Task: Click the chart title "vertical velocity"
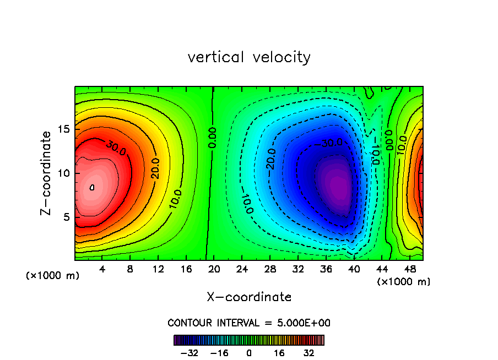pyautogui.click(x=249, y=57)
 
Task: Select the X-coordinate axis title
pyautogui.click(x=249, y=297)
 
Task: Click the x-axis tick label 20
pyautogui.click(x=213, y=270)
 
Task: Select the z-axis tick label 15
pyautogui.click(x=64, y=129)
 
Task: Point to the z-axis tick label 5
pyautogui.click(x=67, y=217)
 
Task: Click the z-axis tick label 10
pyautogui.click(x=64, y=173)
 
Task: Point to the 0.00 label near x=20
pyautogui.click(x=213, y=138)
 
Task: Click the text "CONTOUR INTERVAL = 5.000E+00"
pyautogui.click(x=249, y=323)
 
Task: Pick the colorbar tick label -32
pyautogui.click(x=189, y=353)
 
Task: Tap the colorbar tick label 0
pyautogui.click(x=249, y=353)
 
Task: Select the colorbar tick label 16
pyautogui.click(x=279, y=353)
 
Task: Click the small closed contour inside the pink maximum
pyautogui.click(x=92, y=187)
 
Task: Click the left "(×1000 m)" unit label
pyautogui.click(x=52, y=275)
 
